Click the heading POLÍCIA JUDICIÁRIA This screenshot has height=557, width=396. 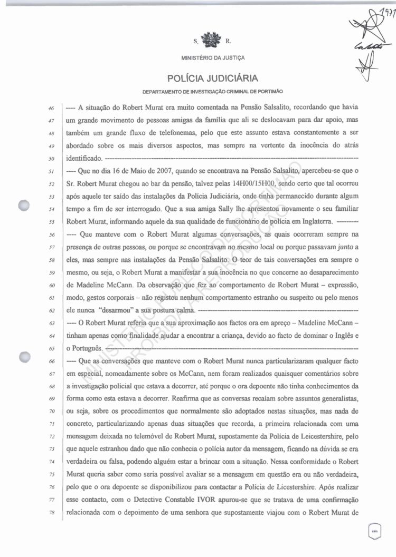(x=213, y=79)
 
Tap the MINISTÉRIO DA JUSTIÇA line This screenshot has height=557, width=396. (x=213, y=57)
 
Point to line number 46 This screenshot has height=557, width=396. (x=52, y=108)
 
